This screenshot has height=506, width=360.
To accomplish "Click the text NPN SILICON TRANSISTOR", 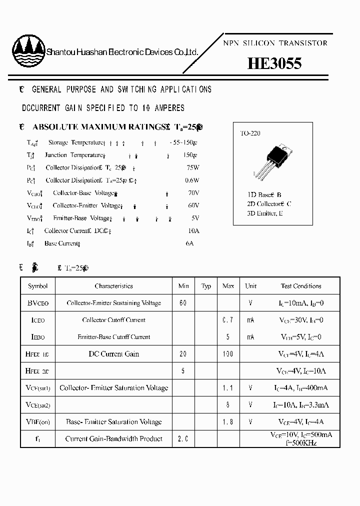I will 274,43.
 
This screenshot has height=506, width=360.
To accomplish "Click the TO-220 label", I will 250,133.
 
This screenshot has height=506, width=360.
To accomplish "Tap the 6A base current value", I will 189,243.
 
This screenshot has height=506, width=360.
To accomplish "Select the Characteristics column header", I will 113,286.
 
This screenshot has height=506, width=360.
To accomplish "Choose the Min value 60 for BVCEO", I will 183,303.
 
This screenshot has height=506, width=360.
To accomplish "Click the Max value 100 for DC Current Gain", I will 228,354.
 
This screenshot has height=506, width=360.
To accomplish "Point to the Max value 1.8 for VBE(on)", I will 228,421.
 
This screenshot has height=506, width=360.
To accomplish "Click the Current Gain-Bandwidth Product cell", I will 113,438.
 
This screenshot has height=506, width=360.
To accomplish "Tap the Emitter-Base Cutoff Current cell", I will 113,337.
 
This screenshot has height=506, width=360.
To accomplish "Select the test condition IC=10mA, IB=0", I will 300,303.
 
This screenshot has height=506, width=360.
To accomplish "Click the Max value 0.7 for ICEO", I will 228,320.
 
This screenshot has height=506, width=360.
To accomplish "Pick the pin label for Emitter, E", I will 265,213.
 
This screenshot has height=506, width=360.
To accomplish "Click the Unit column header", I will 250,286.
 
